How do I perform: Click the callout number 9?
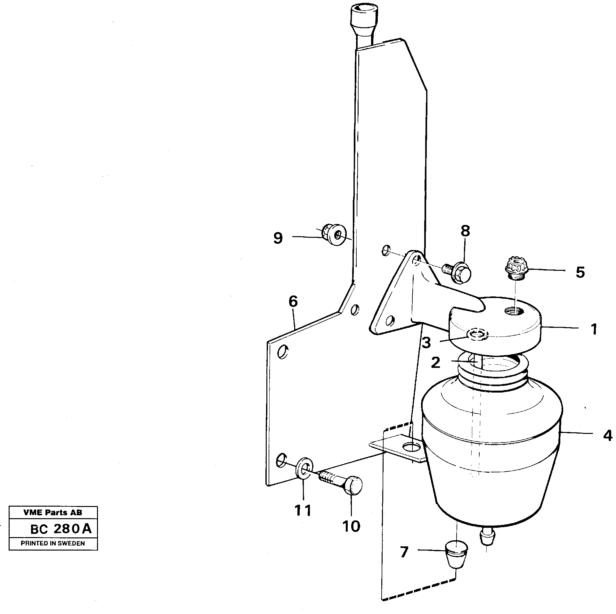(x=278, y=238)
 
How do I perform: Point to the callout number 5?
(x=580, y=272)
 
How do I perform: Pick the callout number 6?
(x=293, y=302)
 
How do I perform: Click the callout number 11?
(x=303, y=510)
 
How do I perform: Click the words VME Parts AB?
(x=53, y=512)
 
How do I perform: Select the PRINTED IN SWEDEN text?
(x=53, y=543)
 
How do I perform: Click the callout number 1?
(x=594, y=329)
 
